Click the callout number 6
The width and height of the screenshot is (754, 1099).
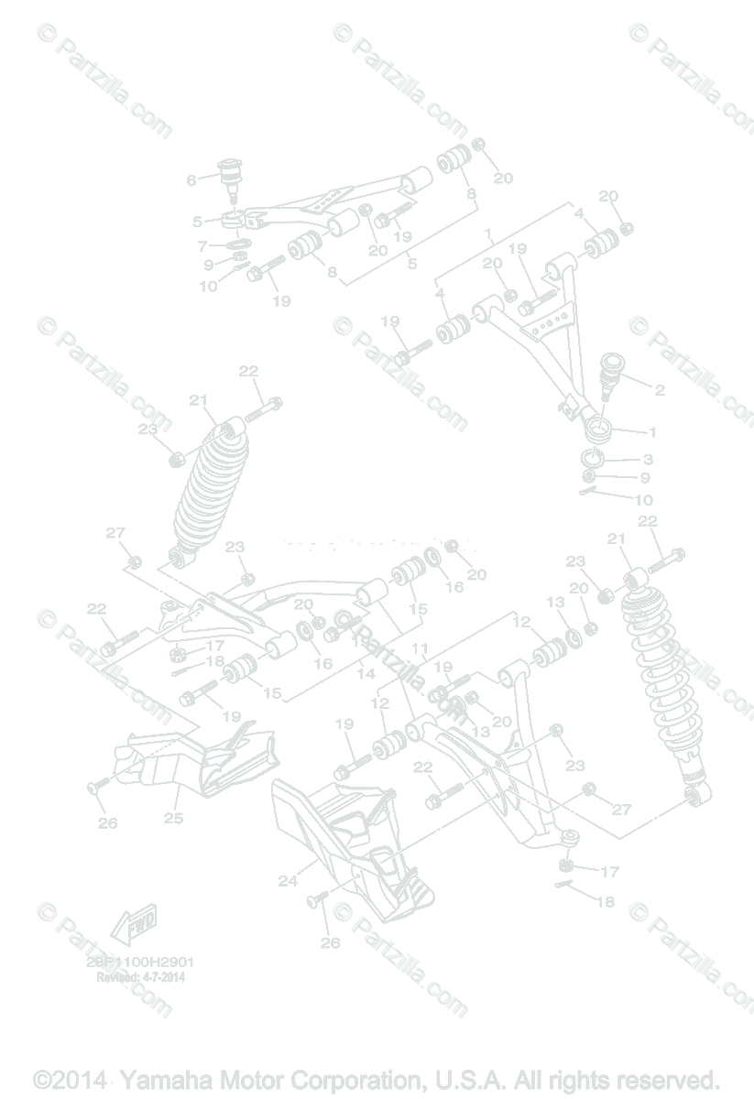click(x=191, y=180)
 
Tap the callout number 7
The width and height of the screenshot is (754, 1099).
click(x=203, y=245)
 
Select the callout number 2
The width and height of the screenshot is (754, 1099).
click(x=660, y=389)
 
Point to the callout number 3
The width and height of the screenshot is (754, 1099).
click(x=647, y=460)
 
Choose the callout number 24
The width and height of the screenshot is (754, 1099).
click(x=288, y=881)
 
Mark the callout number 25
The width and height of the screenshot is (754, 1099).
click(x=173, y=818)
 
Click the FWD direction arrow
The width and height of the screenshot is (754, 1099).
click(x=134, y=923)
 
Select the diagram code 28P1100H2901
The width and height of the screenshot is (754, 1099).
click(x=141, y=963)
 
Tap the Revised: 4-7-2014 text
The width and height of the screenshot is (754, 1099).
click(x=141, y=977)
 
